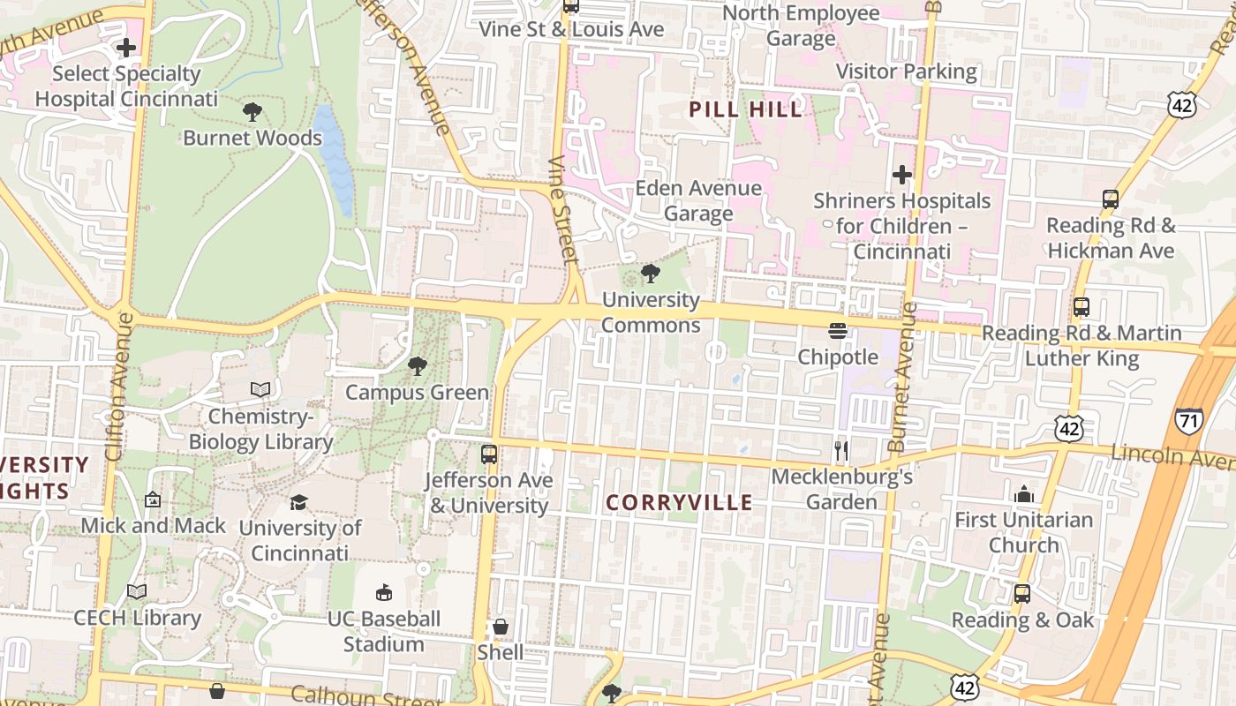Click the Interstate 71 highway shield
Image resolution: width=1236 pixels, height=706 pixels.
tap(1188, 420)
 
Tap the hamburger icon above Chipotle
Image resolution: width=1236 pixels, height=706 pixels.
tap(838, 331)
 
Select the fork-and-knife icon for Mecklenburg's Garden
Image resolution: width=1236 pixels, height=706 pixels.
tap(840, 451)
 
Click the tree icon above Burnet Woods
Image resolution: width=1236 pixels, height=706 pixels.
tap(252, 111)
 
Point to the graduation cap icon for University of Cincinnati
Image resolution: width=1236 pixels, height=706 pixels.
tap(299, 502)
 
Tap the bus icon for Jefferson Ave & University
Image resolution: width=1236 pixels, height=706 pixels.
tap(489, 454)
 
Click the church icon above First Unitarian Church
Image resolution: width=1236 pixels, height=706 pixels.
tap(1024, 494)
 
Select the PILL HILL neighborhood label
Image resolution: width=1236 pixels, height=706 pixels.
tap(746, 109)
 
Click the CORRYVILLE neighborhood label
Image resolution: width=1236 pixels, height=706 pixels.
tap(680, 503)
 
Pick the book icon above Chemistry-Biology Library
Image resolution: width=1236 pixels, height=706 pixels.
tap(260, 389)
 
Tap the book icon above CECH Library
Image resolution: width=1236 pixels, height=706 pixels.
tap(137, 591)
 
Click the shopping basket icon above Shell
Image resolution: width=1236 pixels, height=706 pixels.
tap(501, 627)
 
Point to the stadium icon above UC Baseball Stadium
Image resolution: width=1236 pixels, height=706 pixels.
tap(384, 592)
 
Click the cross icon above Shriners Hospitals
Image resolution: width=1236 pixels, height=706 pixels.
tap(901, 175)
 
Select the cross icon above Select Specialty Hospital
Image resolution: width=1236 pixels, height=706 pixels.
tap(126, 47)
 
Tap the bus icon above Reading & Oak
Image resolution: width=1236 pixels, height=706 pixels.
tap(1022, 594)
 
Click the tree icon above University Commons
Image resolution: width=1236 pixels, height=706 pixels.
tap(651, 274)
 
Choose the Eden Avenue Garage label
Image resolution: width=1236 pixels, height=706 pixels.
tap(698, 200)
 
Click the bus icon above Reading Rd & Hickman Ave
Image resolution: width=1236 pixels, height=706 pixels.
tap(1111, 199)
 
